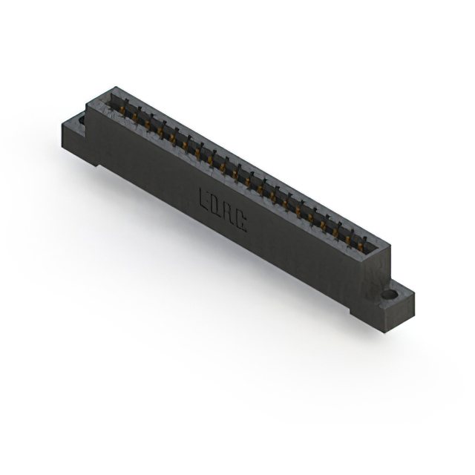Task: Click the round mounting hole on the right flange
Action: click(x=388, y=295)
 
